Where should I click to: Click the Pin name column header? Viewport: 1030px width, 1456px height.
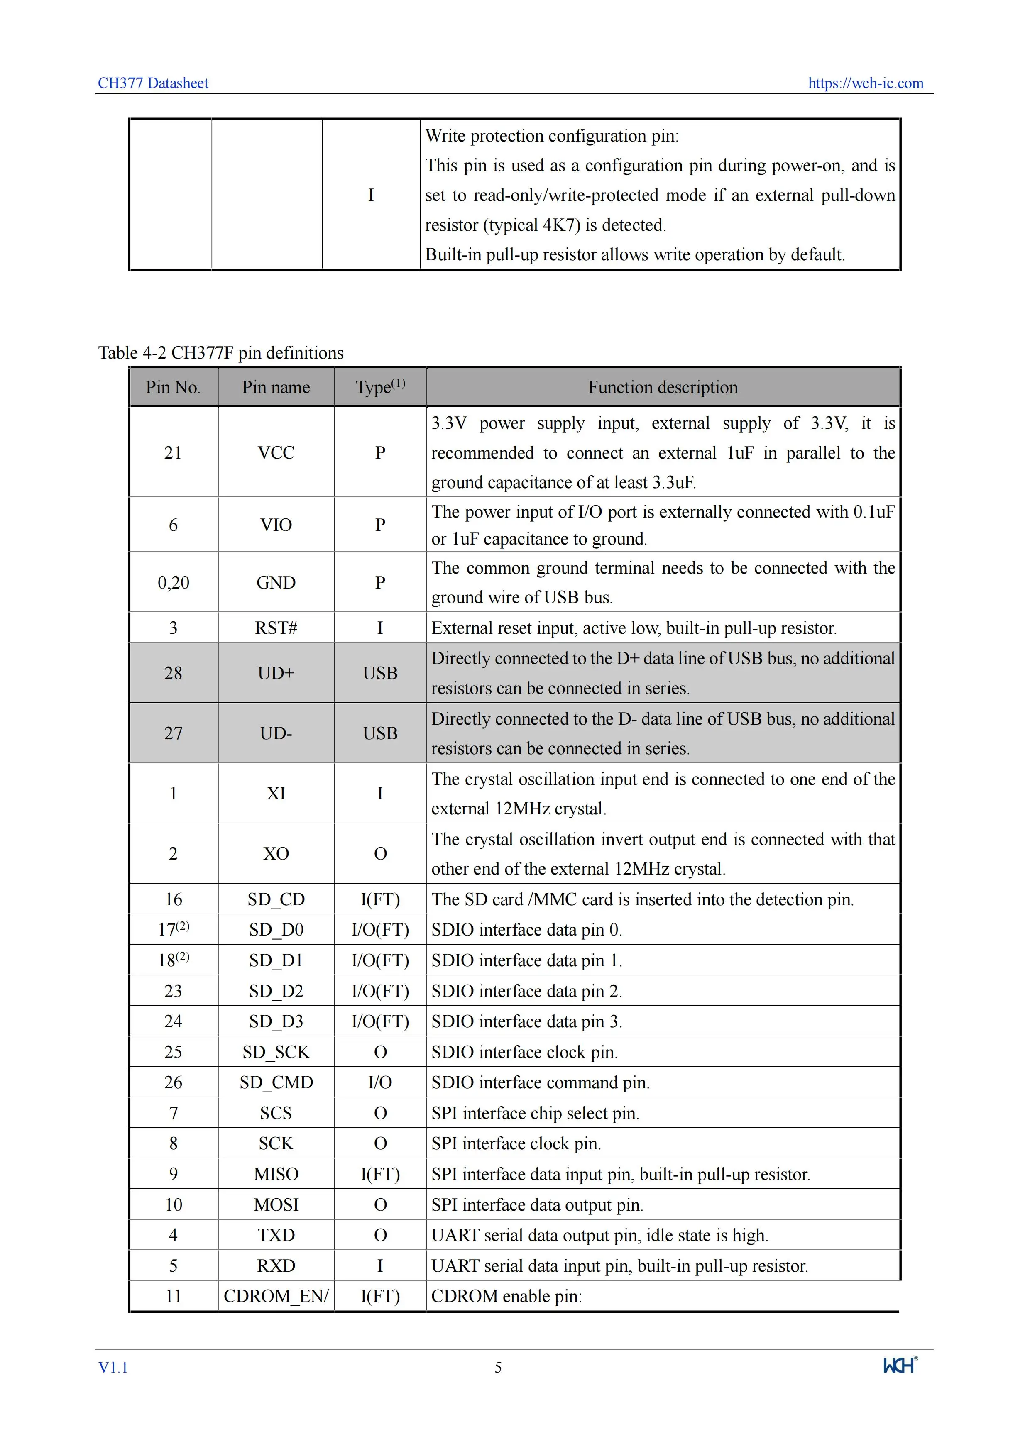pyautogui.click(x=276, y=388)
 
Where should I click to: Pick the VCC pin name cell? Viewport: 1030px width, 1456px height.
pyautogui.click(x=276, y=453)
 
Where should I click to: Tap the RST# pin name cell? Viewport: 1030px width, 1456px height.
pyautogui.click(x=276, y=628)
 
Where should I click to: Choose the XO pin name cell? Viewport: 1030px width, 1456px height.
pyautogui.click(x=276, y=854)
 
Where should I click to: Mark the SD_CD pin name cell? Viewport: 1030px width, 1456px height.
pyautogui.click(x=276, y=899)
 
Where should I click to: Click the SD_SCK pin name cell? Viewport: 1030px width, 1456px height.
pyautogui.click(x=276, y=1052)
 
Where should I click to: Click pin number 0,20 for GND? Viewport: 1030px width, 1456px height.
pyautogui.click(x=173, y=583)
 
